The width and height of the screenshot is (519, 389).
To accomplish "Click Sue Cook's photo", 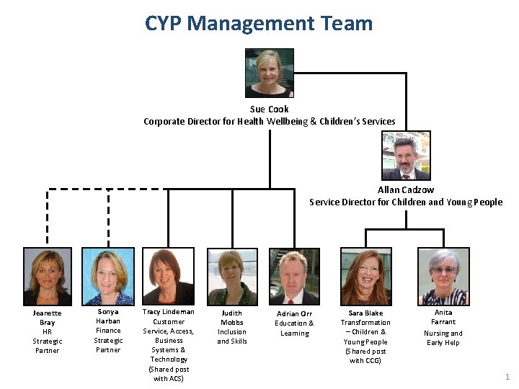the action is pyautogui.click(x=270, y=73).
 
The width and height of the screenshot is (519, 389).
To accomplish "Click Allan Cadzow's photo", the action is pyautogui.click(x=406, y=156).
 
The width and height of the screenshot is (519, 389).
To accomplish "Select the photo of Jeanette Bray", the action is pyautogui.click(x=48, y=276).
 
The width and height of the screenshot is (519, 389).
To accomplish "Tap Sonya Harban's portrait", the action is pyautogui.click(x=107, y=276).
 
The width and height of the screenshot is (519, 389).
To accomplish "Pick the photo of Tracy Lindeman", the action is pyautogui.click(x=168, y=276).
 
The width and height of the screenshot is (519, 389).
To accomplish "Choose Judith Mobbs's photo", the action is pyautogui.click(x=232, y=277).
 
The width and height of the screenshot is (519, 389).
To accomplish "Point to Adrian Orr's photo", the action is pyautogui.click(x=294, y=277).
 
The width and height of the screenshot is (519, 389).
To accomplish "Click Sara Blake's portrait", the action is pyautogui.click(x=365, y=277).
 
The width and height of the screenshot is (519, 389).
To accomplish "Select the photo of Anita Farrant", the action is pyautogui.click(x=443, y=276).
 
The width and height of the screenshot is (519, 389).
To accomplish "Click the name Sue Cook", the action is pyautogui.click(x=270, y=109).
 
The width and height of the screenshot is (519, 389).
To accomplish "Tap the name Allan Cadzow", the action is pyautogui.click(x=406, y=190).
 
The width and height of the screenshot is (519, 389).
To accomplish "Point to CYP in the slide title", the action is pyautogui.click(x=164, y=23).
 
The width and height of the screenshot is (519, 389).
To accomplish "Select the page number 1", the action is pyautogui.click(x=507, y=377).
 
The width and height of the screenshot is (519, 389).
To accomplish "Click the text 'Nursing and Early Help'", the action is pyautogui.click(x=443, y=338).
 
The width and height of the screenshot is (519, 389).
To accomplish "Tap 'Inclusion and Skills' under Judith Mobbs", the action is pyautogui.click(x=232, y=336).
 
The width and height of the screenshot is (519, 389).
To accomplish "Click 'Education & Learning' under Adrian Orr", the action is pyautogui.click(x=294, y=328).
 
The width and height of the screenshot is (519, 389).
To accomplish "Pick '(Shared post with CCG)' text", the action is pyautogui.click(x=365, y=356).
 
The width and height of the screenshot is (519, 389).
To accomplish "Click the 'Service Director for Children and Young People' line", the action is pyautogui.click(x=406, y=202).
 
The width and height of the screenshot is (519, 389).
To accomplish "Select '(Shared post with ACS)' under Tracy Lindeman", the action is pyautogui.click(x=169, y=374).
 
